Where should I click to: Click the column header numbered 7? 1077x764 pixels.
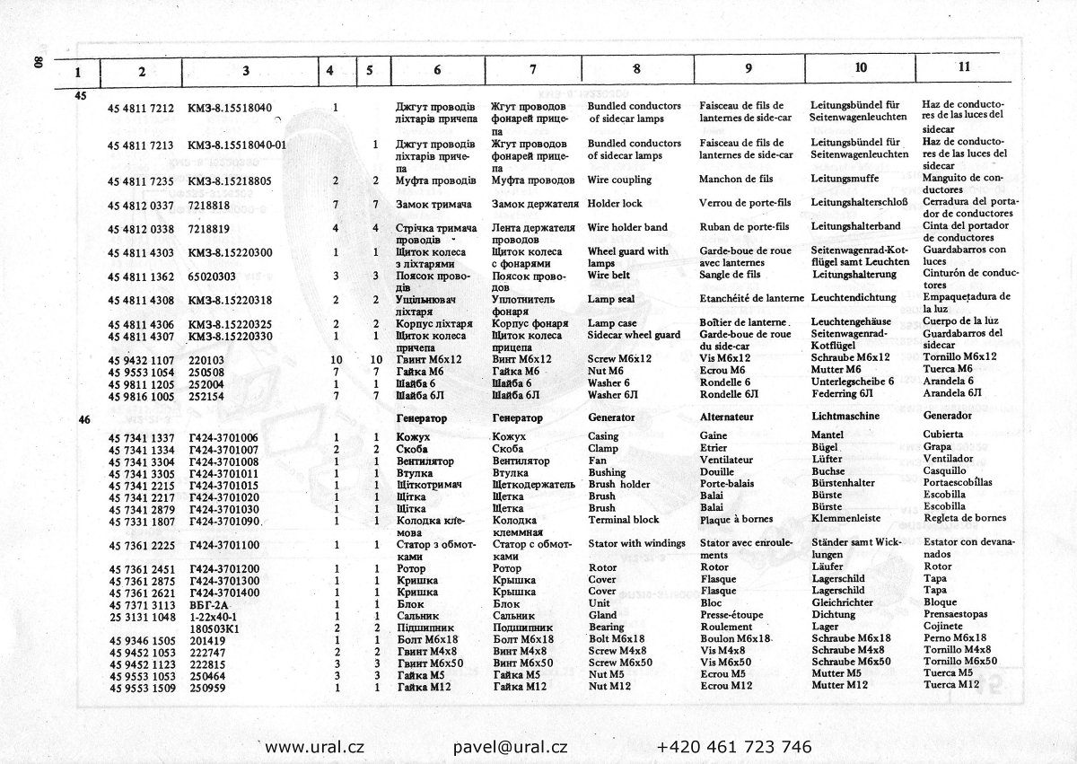[532, 70]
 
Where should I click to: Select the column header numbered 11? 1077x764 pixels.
[963, 66]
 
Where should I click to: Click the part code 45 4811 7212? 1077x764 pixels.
[140, 108]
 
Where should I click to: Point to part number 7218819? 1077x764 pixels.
[209, 229]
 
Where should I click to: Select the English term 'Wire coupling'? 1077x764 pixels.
[619, 180]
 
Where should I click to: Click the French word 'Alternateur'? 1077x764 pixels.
[726, 417]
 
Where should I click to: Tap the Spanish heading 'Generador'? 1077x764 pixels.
[947, 417]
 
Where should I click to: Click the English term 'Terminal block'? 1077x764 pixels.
[623, 520]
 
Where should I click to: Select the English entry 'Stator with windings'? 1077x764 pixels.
[636, 543]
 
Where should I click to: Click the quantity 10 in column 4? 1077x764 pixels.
[337, 358]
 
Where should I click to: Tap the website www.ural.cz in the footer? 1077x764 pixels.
[314, 747]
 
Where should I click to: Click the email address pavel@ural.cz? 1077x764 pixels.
[510, 747]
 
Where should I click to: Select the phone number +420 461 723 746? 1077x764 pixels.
[734, 747]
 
